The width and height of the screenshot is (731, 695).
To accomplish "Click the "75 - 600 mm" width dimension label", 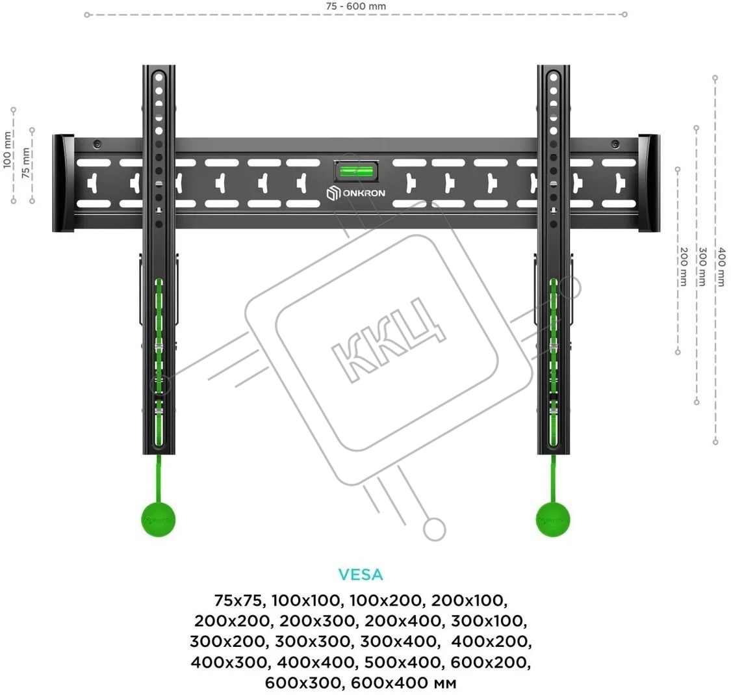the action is tap(355, 7).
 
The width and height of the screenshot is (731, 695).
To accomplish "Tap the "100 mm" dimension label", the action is tap(7, 150).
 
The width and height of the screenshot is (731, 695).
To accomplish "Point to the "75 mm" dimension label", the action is tap(25, 163).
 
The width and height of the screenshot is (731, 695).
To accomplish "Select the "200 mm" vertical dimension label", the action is tap(684, 267).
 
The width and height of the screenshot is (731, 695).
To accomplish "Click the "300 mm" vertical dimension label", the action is tap(702, 267).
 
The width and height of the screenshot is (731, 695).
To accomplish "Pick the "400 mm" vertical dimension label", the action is tap(721, 267).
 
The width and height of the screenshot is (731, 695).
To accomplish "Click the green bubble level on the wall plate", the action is tap(356, 171).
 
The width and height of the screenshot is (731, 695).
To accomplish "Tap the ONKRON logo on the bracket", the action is tap(355, 193).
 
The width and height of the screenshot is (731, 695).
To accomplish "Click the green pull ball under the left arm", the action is tap(159, 519).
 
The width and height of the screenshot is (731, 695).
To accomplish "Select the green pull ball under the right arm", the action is tap(553, 519).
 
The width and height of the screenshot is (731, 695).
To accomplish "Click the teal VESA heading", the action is tap(361, 575).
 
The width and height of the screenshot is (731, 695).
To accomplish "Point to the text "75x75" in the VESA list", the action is tap(239, 600).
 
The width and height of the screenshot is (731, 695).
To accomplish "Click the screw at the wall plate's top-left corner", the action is tap(97, 144).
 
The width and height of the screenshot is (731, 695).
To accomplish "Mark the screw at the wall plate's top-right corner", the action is tap(615, 144).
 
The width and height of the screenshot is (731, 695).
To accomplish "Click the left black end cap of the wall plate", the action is tap(64, 183).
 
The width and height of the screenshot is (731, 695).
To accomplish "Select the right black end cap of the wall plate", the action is tap(649, 183).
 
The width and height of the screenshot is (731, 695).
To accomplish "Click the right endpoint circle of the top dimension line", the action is tap(624, 14).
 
